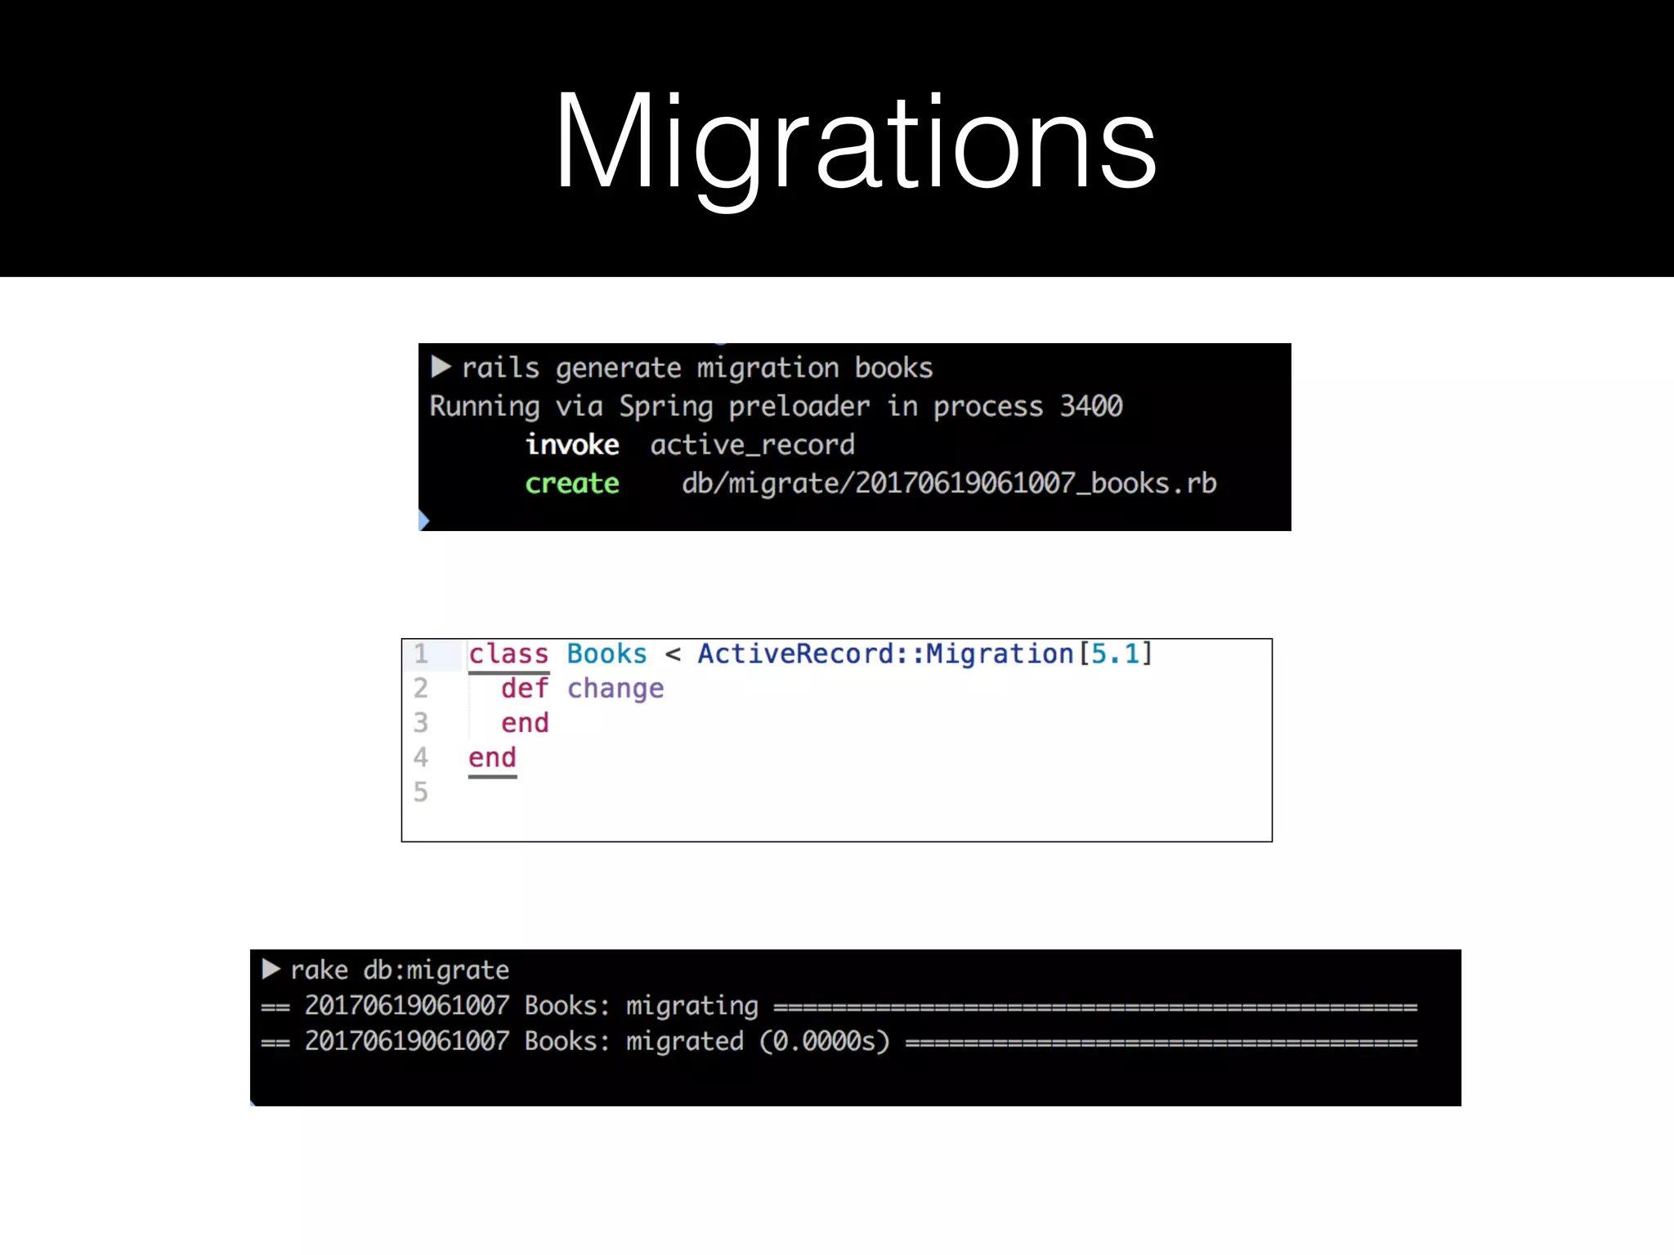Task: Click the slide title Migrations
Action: point(855,143)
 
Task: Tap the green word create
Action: point(571,484)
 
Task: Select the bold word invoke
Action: point(571,445)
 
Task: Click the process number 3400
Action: point(1090,406)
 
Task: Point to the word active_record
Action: point(752,445)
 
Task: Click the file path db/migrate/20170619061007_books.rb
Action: point(948,484)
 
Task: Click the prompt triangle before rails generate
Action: point(441,367)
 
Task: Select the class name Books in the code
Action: point(606,654)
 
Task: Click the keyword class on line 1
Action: point(508,654)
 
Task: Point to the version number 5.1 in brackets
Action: point(1115,654)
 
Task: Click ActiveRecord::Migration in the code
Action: point(885,654)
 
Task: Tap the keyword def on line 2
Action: point(524,689)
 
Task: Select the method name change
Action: point(615,689)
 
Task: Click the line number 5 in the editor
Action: point(420,792)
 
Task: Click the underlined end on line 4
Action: point(492,758)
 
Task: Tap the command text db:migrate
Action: point(436,970)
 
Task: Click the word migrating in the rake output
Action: point(692,1006)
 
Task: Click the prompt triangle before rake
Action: point(271,969)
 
